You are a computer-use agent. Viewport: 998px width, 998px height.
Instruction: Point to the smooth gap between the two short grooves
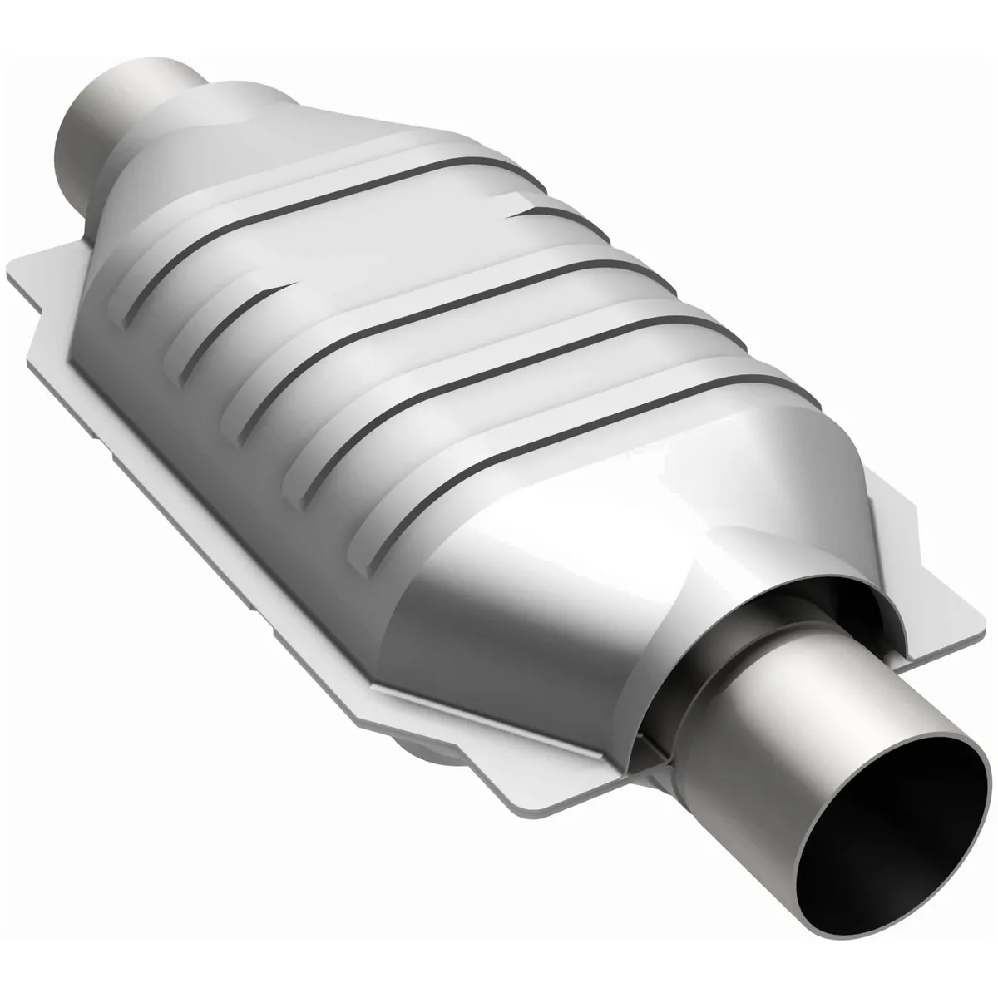coord(391,249)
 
